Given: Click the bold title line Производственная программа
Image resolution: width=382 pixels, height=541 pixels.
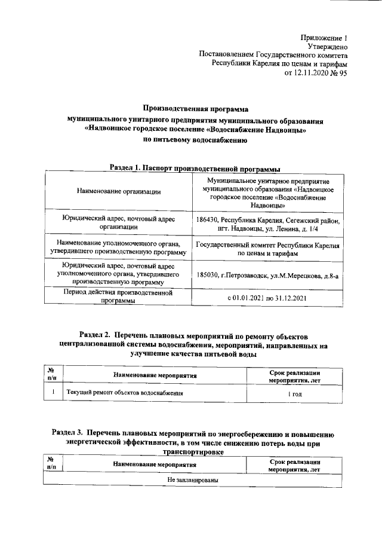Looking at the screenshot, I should [x=195, y=109].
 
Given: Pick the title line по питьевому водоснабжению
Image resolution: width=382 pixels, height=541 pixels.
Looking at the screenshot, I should [x=195, y=141].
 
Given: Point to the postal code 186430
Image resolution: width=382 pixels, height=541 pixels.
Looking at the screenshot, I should [x=207, y=221].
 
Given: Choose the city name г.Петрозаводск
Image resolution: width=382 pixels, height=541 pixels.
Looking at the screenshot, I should [x=246, y=276].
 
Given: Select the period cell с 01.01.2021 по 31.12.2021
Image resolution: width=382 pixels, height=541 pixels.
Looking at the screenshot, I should [x=267, y=298].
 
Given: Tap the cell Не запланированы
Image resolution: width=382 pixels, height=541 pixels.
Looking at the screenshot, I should [x=192, y=480].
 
